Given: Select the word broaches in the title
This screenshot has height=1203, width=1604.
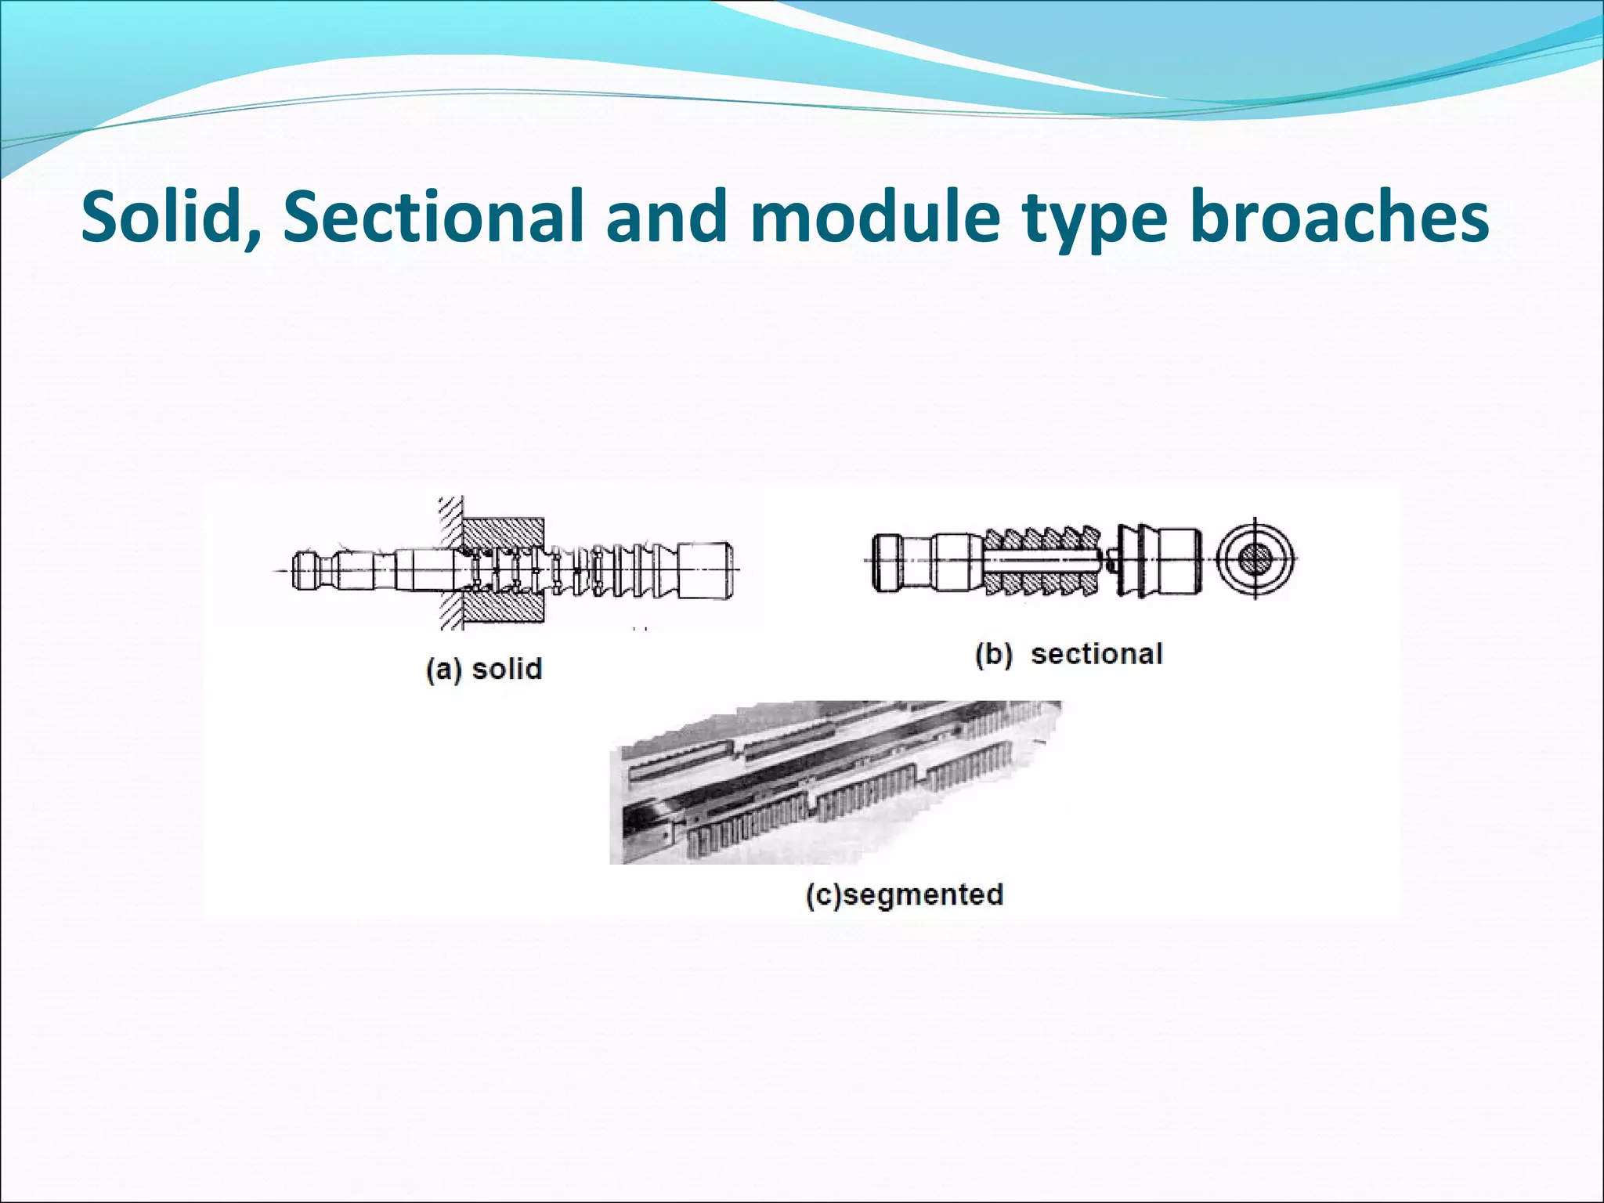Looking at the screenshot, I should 1339,216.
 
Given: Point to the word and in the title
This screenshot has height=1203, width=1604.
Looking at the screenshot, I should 668,216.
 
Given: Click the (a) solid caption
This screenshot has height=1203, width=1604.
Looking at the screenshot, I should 484,669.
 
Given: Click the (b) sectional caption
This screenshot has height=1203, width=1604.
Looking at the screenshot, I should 1069,654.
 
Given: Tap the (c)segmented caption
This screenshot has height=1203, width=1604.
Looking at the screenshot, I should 905,894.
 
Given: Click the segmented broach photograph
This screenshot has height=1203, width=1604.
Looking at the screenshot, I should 830,783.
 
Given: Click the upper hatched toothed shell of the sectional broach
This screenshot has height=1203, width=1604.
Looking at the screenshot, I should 1042,539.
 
